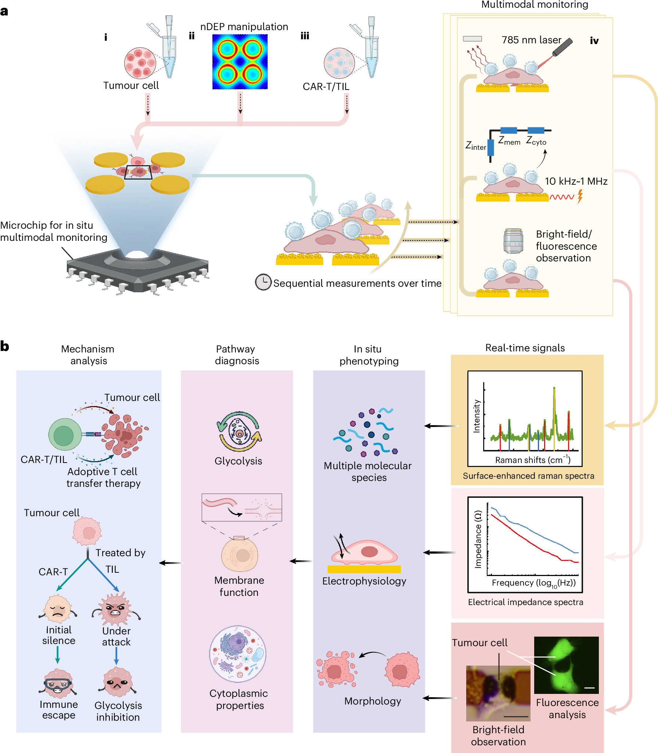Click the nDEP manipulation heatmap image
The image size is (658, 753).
[240, 62]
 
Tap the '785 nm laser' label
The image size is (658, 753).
[531, 40]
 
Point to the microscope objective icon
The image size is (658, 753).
[513, 241]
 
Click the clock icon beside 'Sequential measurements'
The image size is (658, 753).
[263, 282]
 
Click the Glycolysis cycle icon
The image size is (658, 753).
[240, 431]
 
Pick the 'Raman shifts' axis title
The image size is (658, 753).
[532, 460]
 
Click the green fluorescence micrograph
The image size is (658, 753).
[566, 665]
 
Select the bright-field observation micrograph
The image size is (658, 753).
[498, 693]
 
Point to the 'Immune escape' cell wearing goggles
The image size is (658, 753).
[58, 683]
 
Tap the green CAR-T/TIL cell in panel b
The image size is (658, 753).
[65, 434]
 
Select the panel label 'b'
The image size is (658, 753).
[5, 346]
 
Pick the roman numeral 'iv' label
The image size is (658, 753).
[594, 41]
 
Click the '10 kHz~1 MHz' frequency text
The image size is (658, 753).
[576, 181]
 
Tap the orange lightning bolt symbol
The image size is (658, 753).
[580, 196]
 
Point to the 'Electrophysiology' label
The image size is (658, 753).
[364, 581]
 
